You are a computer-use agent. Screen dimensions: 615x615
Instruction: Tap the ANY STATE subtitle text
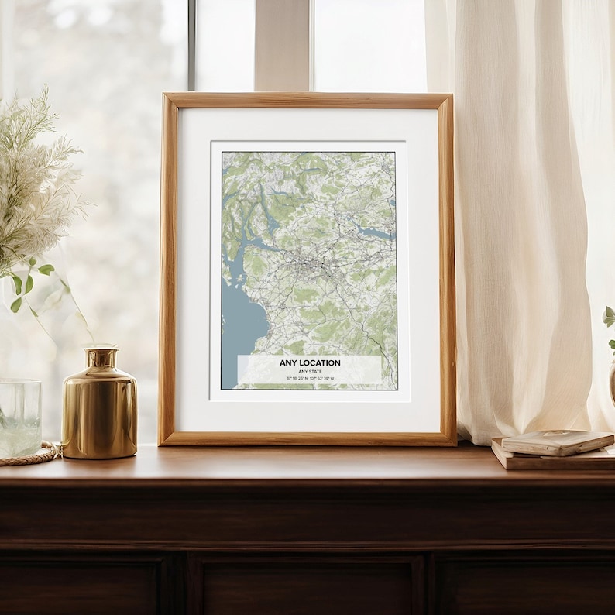tap(309, 371)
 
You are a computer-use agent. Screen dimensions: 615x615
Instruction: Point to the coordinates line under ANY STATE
tap(309, 379)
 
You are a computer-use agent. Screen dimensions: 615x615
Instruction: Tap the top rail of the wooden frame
tap(307, 101)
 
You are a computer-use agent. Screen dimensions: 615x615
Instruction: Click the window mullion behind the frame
tap(283, 46)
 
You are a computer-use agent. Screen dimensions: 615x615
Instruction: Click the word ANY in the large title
tap(288, 362)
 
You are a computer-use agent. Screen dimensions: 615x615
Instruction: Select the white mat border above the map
tap(308, 125)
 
